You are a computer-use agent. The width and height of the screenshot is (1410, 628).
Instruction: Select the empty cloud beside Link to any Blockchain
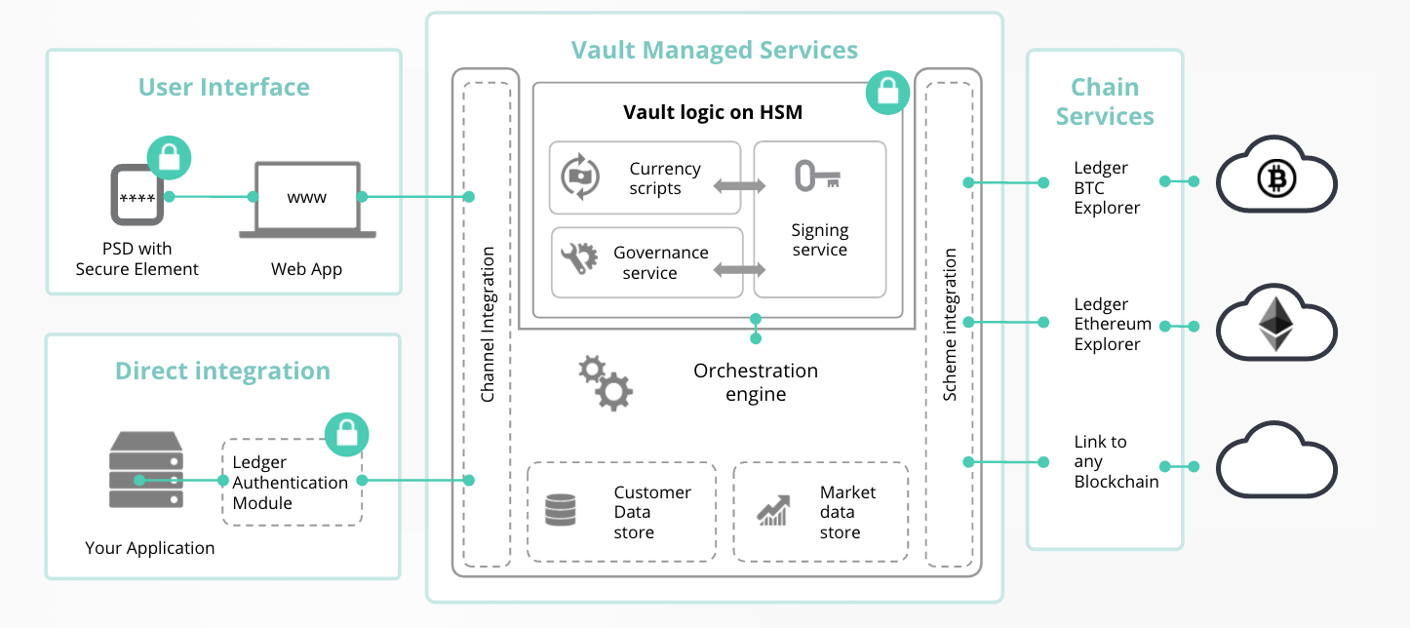coord(1276,462)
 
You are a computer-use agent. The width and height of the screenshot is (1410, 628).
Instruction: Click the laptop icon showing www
coord(306,200)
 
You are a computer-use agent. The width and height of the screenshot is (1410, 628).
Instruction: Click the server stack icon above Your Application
coord(145,471)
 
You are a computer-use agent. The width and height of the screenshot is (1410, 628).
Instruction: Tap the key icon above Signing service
coord(817,177)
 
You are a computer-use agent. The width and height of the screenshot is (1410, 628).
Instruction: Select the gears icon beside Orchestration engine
coord(606,382)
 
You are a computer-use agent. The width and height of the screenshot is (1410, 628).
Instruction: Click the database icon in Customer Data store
coord(560,510)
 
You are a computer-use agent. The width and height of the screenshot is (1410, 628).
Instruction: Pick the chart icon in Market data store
coord(773,510)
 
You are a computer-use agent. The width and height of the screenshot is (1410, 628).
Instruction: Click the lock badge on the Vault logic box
coord(886,93)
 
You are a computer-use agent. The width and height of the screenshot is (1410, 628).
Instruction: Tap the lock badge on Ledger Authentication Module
coord(346,435)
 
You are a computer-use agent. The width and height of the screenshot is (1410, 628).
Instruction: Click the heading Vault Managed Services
coord(714,51)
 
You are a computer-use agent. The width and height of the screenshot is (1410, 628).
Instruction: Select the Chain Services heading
coord(1105,101)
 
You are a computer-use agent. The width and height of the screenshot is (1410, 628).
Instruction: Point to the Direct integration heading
coord(222,372)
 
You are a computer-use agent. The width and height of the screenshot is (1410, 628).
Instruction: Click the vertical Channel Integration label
coord(488,325)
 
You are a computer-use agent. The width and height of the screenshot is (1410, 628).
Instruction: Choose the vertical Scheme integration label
coord(950,325)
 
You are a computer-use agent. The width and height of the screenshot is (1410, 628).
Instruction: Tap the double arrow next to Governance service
coord(738,267)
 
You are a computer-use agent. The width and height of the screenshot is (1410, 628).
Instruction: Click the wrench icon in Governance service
coord(578,257)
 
